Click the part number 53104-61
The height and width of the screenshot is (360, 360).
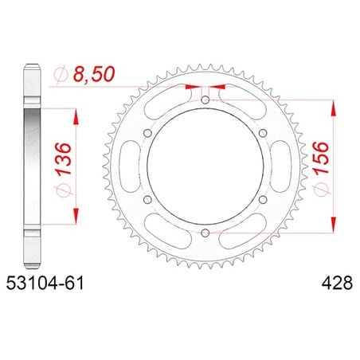pos(45,283)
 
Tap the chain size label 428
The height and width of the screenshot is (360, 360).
pos(337,283)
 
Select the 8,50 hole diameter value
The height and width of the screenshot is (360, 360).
pos(94,74)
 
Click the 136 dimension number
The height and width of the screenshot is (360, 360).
pos(64,158)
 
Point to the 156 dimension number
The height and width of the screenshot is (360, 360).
pos(321,158)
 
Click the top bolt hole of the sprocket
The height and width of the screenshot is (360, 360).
pos(205,100)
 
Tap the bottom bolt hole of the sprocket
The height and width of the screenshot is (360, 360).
pos(205,233)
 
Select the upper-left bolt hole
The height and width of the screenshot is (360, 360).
pos(147,133)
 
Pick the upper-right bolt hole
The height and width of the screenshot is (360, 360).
pos(263,133)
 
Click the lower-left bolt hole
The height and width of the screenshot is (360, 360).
pos(147,200)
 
